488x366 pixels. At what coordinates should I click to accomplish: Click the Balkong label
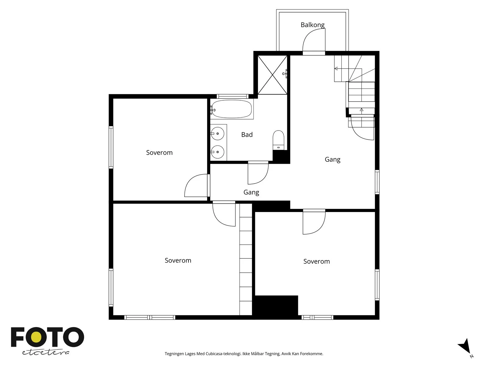[312, 25]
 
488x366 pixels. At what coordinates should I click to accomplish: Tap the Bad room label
[247, 135]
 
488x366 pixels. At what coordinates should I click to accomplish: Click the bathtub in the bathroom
[232, 109]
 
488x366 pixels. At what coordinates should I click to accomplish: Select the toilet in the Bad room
[278, 140]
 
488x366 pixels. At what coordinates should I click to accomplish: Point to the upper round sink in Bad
[217, 133]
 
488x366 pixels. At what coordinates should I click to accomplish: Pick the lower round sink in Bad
[217, 152]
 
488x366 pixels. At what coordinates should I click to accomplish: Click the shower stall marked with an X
[272, 75]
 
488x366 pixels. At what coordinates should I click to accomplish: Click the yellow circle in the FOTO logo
[36, 337]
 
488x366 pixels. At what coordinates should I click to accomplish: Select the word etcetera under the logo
[46, 353]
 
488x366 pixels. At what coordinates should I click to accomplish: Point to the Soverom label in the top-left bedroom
[159, 153]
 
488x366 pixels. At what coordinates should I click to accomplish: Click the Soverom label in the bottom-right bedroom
[317, 261]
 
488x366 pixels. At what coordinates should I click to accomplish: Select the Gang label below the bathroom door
[251, 192]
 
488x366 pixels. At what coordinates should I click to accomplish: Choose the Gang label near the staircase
[332, 160]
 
